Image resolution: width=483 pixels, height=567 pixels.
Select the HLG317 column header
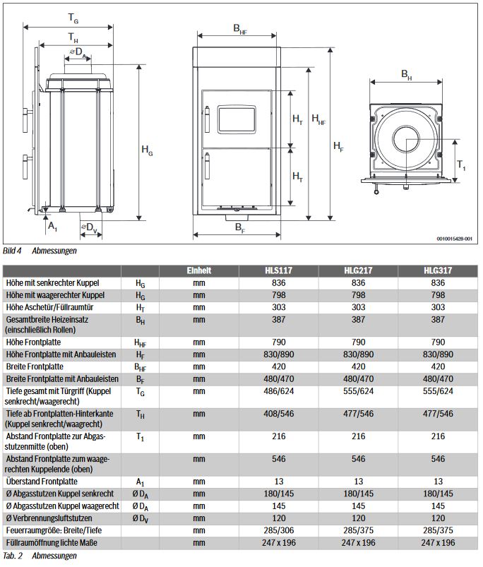pyautogui.click(x=438, y=270)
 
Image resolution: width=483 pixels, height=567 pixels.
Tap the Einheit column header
pyautogui.click(x=199, y=270)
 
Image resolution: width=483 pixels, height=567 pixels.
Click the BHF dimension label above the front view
pyautogui.click(x=240, y=28)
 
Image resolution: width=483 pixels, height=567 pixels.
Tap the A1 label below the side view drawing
pyautogui.click(x=52, y=226)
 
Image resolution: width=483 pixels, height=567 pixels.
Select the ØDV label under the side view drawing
pyautogui.click(x=90, y=227)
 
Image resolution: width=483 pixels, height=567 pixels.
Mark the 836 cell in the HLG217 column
pyautogui.click(x=358, y=282)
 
